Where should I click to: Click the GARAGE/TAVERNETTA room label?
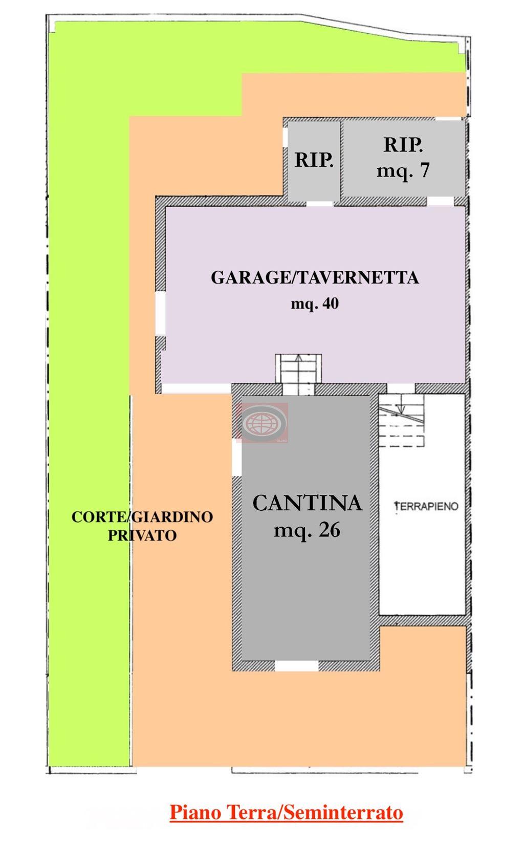[315, 278]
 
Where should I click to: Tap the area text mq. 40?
[315, 304]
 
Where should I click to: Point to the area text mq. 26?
[307, 530]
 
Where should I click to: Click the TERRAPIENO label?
[426, 506]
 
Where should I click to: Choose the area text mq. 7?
[403, 170]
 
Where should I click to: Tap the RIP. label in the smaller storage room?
[314, 160]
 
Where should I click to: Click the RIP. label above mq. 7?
[403, 145]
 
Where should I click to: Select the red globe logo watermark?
[263, 423]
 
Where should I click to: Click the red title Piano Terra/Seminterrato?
[286, 812]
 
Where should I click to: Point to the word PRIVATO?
[142, 535]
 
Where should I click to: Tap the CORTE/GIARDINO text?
[142, 517]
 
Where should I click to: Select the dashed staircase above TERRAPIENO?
[401, 420]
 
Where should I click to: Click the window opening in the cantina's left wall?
[237, 460]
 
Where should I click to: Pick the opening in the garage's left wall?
[161, 313]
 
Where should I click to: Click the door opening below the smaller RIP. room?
[319, 204]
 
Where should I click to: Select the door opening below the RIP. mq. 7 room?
[440, 201]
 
